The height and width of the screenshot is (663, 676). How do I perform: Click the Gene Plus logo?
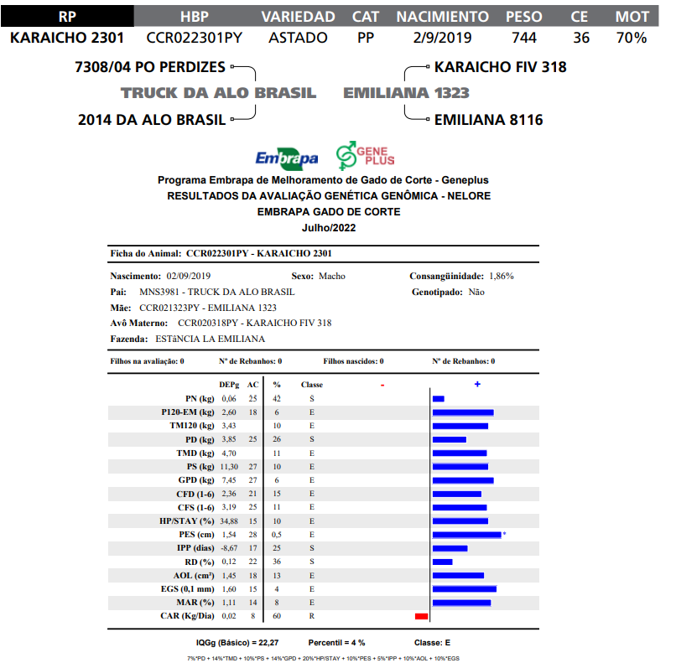365,155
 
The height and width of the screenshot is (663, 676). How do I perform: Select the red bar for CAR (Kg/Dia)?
421,616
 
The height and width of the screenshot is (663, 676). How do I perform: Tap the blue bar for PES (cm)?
466,534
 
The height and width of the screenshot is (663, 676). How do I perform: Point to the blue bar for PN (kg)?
438,398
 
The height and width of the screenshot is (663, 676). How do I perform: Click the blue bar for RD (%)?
442,562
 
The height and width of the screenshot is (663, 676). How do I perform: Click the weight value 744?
524,38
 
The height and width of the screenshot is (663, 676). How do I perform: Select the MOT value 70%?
631,38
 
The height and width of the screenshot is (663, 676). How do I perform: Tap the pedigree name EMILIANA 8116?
488,120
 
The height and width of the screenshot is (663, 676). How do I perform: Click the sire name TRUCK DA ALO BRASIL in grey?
218,93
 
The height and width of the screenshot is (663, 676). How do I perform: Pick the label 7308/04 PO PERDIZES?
150,67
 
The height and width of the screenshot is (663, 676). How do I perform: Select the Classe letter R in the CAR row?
311,616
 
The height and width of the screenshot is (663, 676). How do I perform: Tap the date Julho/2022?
329,227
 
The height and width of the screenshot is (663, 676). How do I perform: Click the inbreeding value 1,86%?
501,276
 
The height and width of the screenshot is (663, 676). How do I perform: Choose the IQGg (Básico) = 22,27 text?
237,642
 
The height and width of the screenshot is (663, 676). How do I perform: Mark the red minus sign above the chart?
382,385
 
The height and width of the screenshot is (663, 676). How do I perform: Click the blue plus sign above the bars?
477,384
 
